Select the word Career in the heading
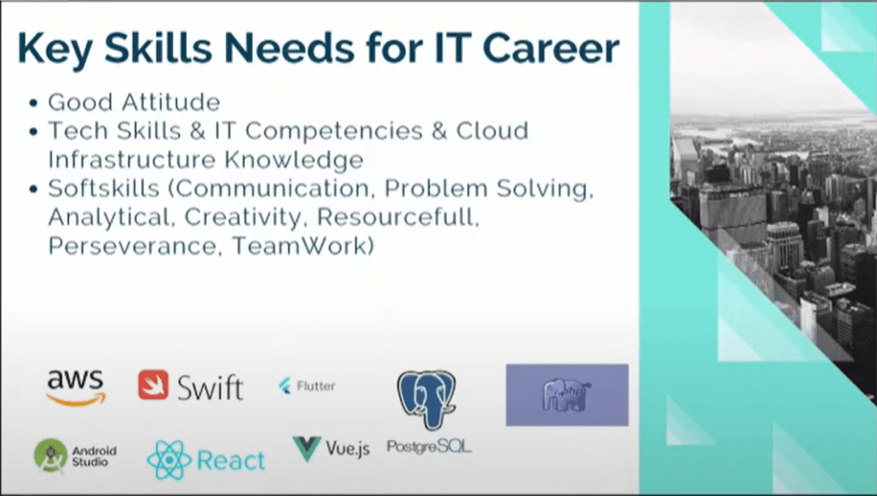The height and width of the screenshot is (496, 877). (551, 48)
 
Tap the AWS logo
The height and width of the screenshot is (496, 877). (76, 387)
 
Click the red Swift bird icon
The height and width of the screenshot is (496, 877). (153, 385)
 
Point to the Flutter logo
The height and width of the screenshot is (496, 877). (307, 386)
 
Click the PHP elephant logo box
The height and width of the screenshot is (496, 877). (568, 395)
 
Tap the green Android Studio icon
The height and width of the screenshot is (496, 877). (50, 455)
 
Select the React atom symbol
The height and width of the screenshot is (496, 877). (169, 460)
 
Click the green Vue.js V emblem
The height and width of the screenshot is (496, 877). (307, 449)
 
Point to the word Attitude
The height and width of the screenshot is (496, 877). (171, 102)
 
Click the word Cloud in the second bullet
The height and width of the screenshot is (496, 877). (492, 131)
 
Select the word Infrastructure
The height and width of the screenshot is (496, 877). (132, 160)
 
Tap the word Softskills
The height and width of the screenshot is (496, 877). (104, 189)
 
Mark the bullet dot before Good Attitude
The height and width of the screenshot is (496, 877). (34, 104)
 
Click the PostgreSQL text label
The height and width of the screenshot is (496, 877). (429, 446)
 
